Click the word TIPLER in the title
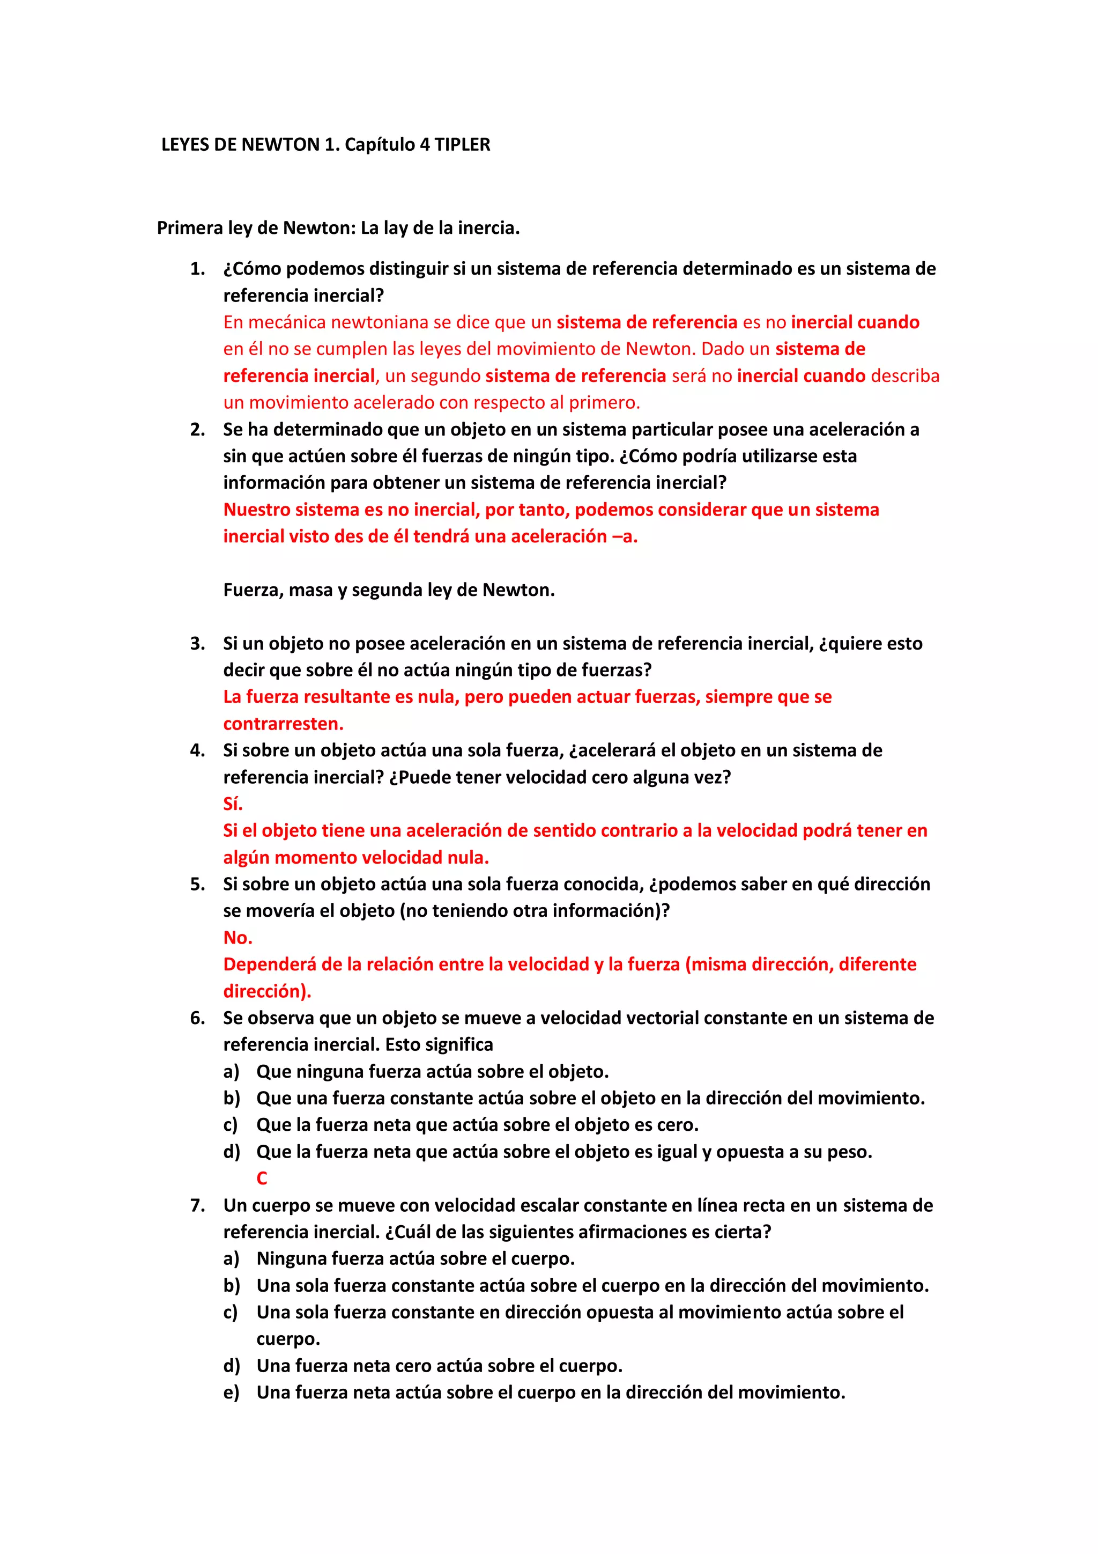pyautogui.click(x=462, y=144)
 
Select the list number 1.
pyautogui.click(x=197, y=269)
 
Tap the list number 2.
pyautogui.click(x=197, y=429)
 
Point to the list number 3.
pyautogui.click(x=197, y=643)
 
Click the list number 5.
pyautogui.click(x=197, y=884)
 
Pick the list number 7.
pyautogui.click(x=197, y=1205)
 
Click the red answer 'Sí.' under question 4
pyautogui.click(x=233, y=804)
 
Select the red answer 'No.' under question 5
pyautogui.click(x=238, y=938)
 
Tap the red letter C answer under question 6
pyautogui.click(x=262, y=1179)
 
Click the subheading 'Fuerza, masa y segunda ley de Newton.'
pyautogui.click(x=389, y=590)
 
